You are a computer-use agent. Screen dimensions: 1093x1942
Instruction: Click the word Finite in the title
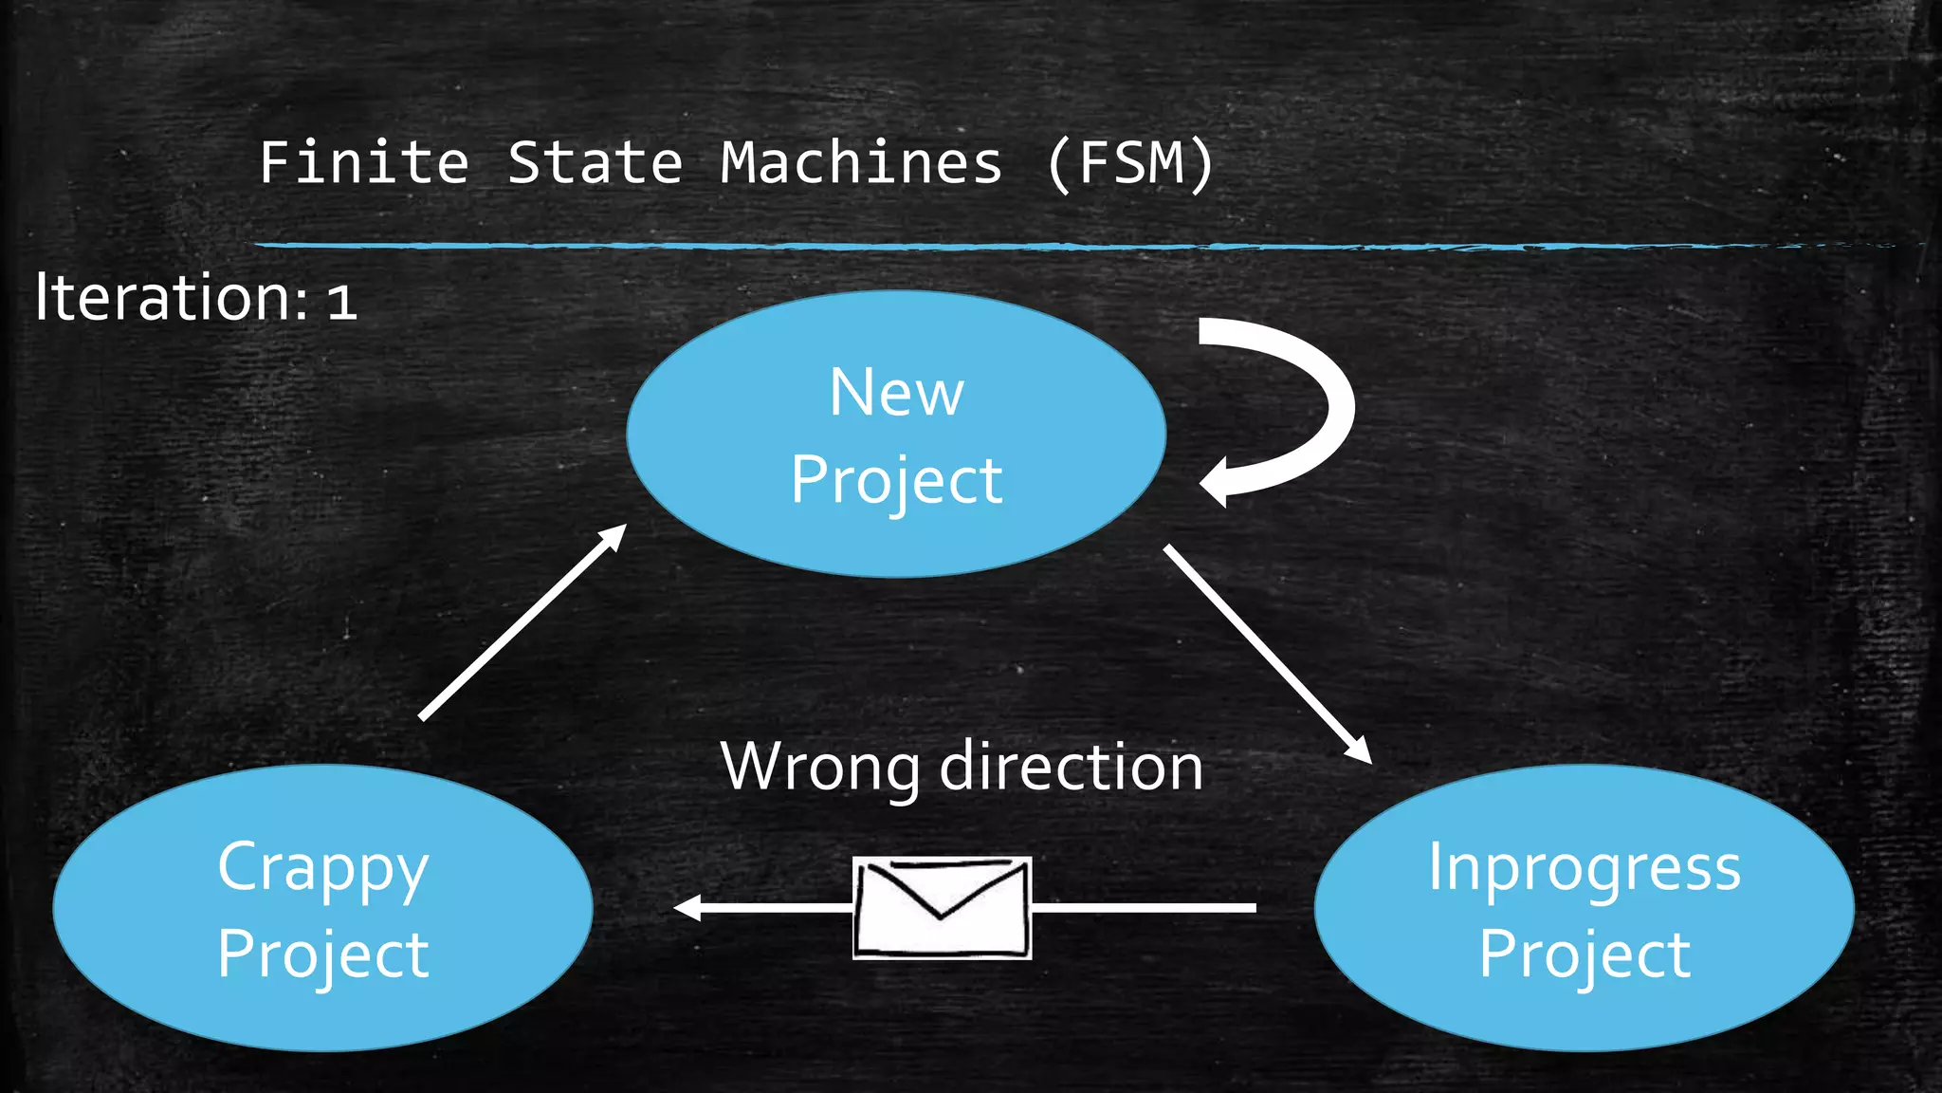[x=364, y=162]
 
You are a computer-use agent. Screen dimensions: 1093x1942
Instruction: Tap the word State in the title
[x=595, y=162]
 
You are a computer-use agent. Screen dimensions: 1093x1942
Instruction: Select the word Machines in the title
[x=861, y=162]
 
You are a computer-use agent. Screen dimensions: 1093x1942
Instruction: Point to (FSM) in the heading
[x=1130, y=162]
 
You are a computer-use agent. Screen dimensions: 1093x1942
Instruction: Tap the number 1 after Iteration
[x=341, y=303]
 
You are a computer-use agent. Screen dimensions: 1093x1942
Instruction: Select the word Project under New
[x=896, y=480]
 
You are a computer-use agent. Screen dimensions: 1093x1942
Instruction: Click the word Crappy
[x=322, y=867]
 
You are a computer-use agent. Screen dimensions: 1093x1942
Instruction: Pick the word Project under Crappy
[x=322, y=954]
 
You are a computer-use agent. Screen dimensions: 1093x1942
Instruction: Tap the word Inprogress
[x=1584, y=867]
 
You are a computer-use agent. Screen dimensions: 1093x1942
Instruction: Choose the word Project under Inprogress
[x=1584, y=954]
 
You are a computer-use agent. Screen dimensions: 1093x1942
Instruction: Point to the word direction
[x=1072, y=767]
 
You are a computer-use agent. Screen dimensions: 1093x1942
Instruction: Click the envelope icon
[x=942, y=908]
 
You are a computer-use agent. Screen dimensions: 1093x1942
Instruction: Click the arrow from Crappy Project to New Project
[x=522, y=621]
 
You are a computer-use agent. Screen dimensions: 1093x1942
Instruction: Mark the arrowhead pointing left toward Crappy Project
[x=687, y=908]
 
